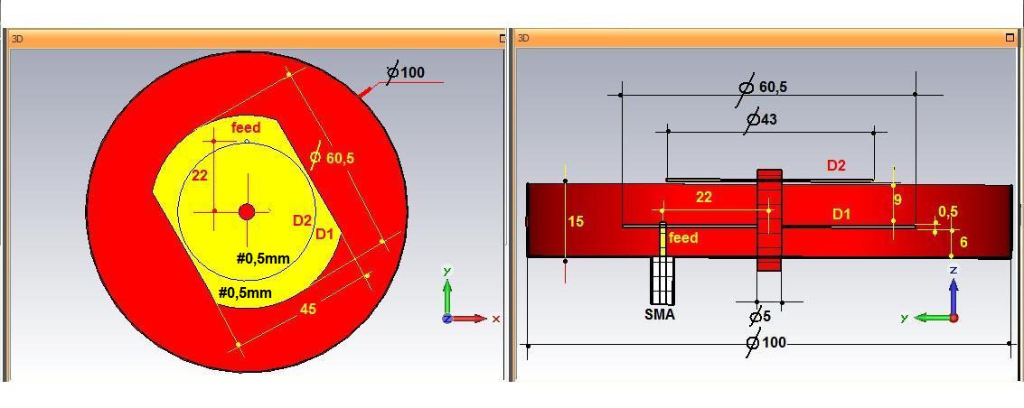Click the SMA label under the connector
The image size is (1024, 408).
click(660, 315)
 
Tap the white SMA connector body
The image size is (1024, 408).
click(662, 280)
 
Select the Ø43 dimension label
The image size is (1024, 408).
click(761, 119)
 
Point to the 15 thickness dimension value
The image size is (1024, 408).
click(576, 221)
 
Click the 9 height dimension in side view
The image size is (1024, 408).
click(898, 199)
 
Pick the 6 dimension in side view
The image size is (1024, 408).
click(963, 242)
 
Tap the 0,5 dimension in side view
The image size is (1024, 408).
click(948, 211)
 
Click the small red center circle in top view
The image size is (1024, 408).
click(247, 212)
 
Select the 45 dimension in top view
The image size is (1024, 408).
click(307, 309)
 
